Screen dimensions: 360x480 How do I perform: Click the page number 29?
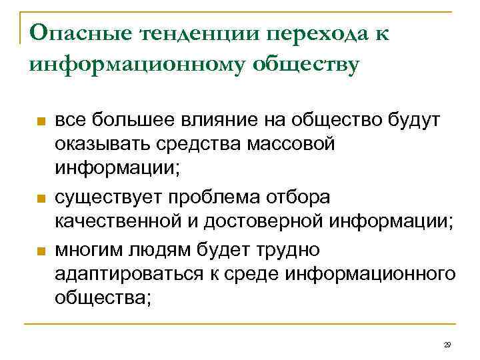[x=447, y=345]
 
